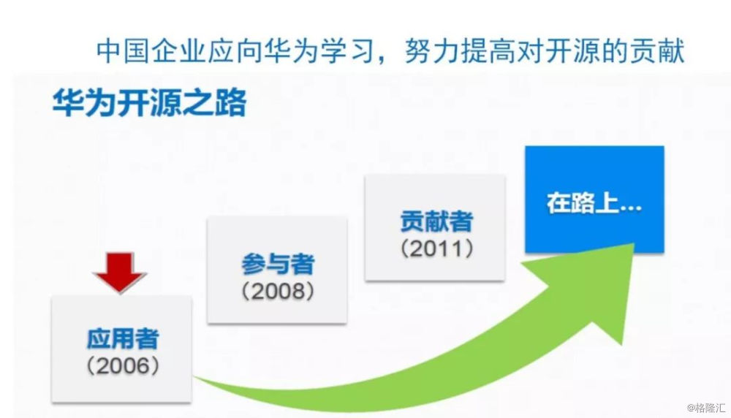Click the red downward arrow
pos(120,272)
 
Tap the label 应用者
pos(123,339)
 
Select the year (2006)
pos(123,366)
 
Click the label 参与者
pos(278,265)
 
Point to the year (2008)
pos(278,292)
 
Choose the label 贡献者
pos(437,221)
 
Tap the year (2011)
pos(437,248)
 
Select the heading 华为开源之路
pos(149,102)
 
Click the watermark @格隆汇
pos(705,408)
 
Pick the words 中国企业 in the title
pos(151,51)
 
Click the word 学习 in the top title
pos(348,51)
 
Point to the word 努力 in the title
pos(432,51)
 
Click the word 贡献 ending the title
pos(657,51)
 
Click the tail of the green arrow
pos(195,378)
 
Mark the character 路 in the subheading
pos(231,102)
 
